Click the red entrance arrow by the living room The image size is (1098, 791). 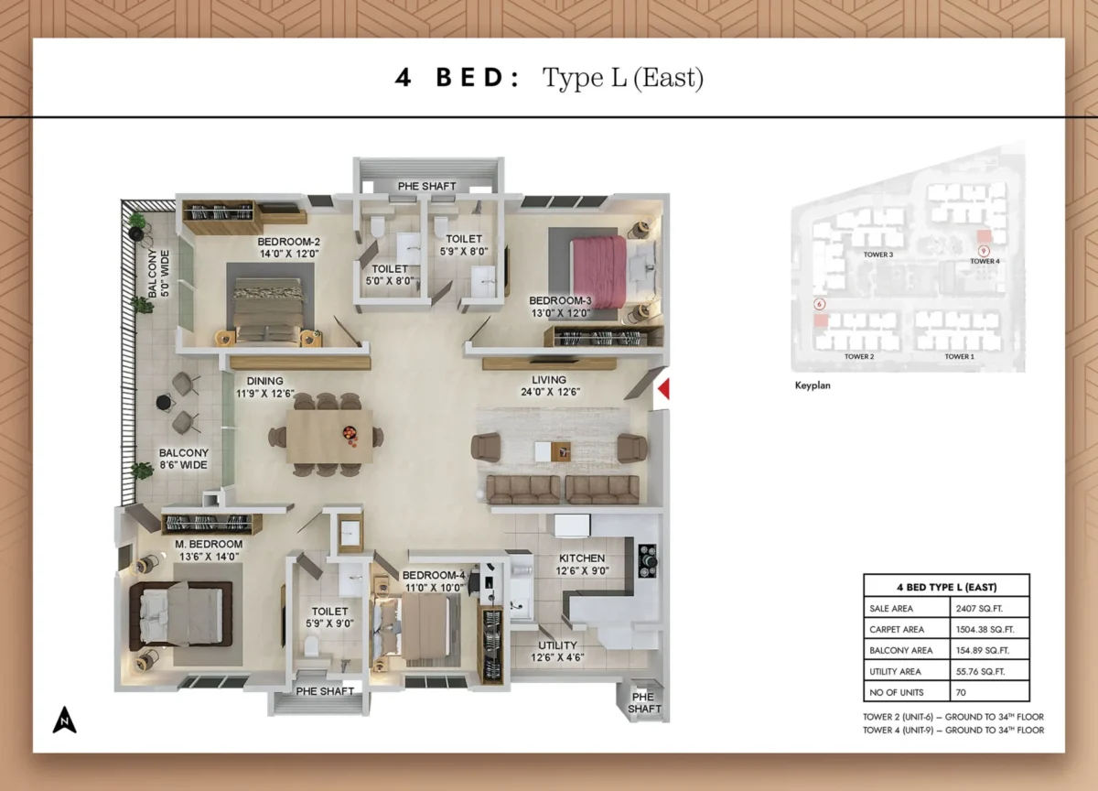pyautogui.click(x=664, y=388)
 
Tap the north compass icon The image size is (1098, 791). pyautogui.click(x=64, y=721)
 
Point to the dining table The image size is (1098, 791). pyautogui.click(x=329, y=435)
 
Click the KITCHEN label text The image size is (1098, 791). pyautogui.click(x=582, y=558)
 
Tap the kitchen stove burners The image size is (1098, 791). pyautogui.click(x=647, y=560)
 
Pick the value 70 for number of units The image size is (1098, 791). pyautogui.click(x=962, y=692)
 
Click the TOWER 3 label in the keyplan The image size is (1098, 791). pyautogui.click(x=877, y=255)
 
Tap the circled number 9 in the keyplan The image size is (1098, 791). pyautogui.click(x=984, y=250)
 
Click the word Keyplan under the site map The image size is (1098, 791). pyautogui.click(x=813, y=386)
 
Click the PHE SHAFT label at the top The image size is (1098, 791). pyautogui.click(x=426, y=187)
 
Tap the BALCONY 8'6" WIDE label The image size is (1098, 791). pyautogui.click(x=183, y=459)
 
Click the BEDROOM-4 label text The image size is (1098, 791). pyautogui.click(x=434, y=576)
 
